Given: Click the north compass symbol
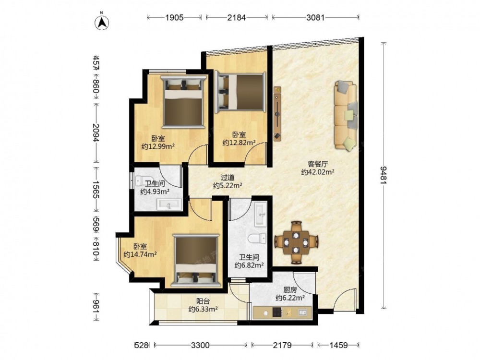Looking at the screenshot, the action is (102, 22).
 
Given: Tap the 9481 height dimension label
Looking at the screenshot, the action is (383, 175).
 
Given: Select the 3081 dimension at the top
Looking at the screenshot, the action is (315, 17).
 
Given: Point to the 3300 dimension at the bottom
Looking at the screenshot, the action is (201, 345).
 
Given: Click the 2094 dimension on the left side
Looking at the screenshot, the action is (96, 133).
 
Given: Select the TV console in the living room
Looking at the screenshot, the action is (277, 114).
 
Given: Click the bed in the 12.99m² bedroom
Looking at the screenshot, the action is (184, 102).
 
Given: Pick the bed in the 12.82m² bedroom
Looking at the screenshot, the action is (240, 92).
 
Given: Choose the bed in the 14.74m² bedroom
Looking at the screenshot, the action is (196, 261).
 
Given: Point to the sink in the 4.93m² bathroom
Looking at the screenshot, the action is (169, 204).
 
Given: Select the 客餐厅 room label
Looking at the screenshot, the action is (317, 164).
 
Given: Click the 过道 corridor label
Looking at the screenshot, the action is (228, 177).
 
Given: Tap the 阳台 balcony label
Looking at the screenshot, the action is (203, 301).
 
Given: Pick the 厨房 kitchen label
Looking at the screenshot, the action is (290, 289).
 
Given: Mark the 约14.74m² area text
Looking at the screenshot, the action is (141, 254).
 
